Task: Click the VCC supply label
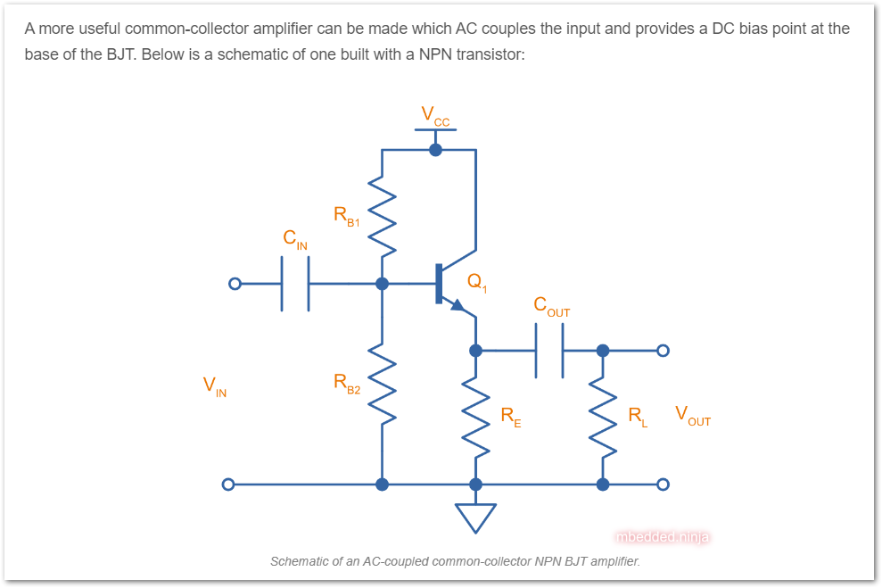[435, 115]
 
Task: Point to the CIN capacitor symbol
[295, 284]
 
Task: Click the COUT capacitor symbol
[549, 350]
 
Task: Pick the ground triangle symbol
[475, 517]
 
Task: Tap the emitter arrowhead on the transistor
[457, 306]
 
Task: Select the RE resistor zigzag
[475, 416]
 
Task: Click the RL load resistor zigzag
[603, 416]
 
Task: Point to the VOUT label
[692, 415]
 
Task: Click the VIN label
[214, 386]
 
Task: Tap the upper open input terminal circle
[235, 284]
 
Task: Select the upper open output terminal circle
[662, 350]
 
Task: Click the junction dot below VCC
[435, 149]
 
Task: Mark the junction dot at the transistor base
[382, 284]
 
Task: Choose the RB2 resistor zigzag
[382, 384]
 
